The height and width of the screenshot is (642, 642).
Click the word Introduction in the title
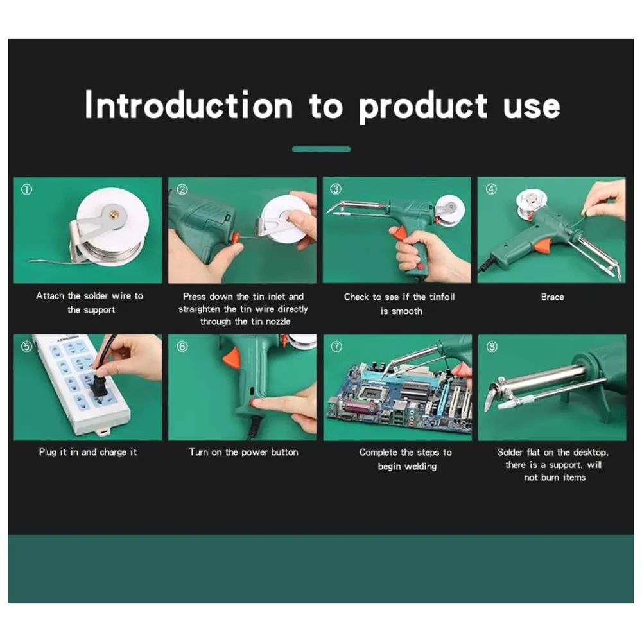(x=189, y=105)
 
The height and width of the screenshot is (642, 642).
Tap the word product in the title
(x=423, y=107)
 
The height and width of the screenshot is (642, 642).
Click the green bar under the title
(x=322, y=150)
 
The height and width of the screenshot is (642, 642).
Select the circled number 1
(x=26, y=189)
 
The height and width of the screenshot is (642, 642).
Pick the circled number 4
(x=491, y=189)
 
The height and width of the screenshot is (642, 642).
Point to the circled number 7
(x=336, y=347)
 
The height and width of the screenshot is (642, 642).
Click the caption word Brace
(x=552, y=297)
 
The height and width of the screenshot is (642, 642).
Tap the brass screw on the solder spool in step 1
(x=114, y=213)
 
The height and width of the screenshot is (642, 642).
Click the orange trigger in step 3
(x=399, y=234)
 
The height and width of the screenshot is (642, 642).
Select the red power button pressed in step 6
(x=257, y=404)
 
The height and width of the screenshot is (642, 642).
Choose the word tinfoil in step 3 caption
(x=442, y=297)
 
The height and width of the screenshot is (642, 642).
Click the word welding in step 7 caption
(x=421, y=466)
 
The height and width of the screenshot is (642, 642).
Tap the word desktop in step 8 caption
(x=591, y=453)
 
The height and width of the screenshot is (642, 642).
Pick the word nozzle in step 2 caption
(x=278, y=322)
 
